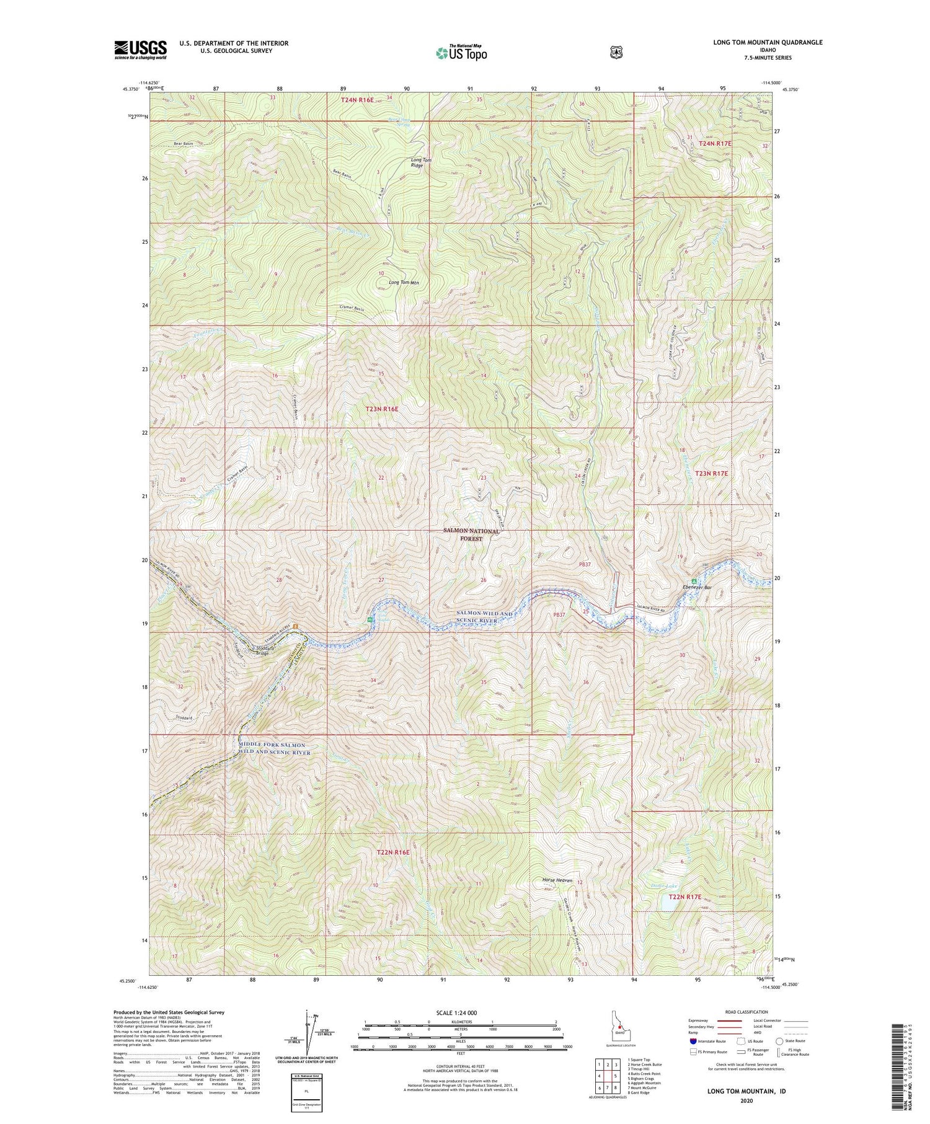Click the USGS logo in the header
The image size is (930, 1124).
pos(140,49)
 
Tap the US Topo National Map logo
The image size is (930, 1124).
pos(462,52)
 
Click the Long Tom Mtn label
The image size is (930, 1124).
pos(404,283)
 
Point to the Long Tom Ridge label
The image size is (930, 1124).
pos(420,163)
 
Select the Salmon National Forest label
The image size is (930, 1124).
pos(471,535)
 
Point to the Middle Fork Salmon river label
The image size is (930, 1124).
pos(274,748)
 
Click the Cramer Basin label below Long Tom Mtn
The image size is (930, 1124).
pos(352,309)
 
